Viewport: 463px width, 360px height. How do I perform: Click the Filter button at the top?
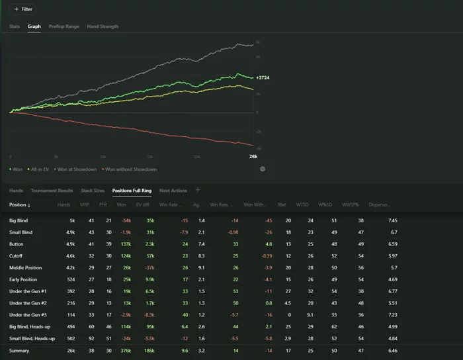[23, 9]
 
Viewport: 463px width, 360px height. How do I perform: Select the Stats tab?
[15, 26]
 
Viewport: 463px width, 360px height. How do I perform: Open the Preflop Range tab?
[63, 26]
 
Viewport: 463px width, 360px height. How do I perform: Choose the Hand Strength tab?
[103, 26]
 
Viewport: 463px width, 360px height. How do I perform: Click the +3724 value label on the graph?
[263, 78]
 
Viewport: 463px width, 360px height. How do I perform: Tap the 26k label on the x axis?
[253, 156]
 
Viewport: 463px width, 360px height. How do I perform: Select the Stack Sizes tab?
[93, 191]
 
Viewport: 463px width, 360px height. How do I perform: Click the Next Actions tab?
[173, 191]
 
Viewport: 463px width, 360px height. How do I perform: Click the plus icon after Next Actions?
[197, 190]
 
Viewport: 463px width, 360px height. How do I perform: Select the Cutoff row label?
[17, 255]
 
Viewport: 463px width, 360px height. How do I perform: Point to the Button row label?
[17, 244]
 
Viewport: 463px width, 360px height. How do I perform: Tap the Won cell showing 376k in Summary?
[124, 350]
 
